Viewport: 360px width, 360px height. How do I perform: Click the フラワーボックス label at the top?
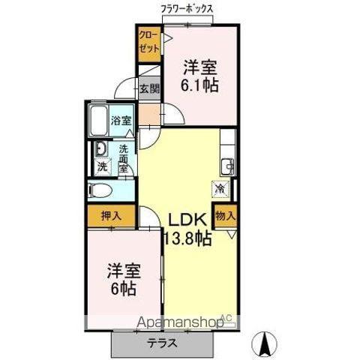[x=187, y=8]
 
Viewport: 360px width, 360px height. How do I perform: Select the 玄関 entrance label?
[x=149, y=88]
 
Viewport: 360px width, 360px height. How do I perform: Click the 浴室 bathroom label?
[x=121, y=120]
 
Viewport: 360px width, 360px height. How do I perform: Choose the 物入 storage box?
[x=225, y=214]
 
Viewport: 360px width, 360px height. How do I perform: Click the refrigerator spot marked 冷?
[x=221, y=189]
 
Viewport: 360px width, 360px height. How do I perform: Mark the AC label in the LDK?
[x=226, y=316]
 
